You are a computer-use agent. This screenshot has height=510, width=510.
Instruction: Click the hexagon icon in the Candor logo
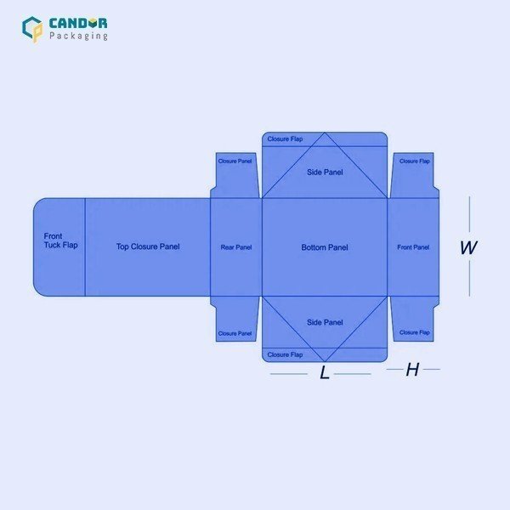[x=32, y=29]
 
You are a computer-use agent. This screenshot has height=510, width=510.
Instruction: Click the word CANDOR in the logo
[x=78, y=24]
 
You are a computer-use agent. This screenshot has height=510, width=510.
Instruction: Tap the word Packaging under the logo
[x=78, y=36]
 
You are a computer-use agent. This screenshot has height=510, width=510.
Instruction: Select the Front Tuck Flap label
[x=61, y=241]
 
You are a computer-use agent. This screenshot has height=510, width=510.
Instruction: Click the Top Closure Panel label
[x=148, y=246]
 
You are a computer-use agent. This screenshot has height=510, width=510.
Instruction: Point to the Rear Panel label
[x=236, y=247]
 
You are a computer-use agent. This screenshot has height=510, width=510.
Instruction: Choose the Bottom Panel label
[x=325, y=247]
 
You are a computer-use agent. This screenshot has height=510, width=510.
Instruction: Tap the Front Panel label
[x=413, y=247]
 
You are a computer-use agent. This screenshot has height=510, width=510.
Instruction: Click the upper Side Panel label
[x=325, y=172]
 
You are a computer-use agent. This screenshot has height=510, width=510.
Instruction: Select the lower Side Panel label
[x=325, y=322]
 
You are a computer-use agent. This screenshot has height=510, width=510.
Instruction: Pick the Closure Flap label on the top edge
[x=285, y=139]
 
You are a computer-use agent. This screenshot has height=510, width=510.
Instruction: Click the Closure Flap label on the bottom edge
[x=285, y=354]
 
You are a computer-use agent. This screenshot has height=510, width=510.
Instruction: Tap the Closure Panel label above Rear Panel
[x=235, y=161]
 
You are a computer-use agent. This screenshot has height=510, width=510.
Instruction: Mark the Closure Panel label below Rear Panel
[x=235, y=333]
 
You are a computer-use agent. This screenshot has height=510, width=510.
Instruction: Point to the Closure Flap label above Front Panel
[x=415, y=161]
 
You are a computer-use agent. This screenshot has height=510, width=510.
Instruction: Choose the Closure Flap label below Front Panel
[x=415, y=332]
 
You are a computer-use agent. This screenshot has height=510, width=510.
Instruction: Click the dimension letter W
[x=468, y=247]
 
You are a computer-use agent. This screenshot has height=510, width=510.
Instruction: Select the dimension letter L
[x=325, y=372]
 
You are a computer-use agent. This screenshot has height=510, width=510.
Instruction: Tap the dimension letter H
[x=412, y=370]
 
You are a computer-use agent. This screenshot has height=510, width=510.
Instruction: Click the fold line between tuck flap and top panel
[x=85, y=247]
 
